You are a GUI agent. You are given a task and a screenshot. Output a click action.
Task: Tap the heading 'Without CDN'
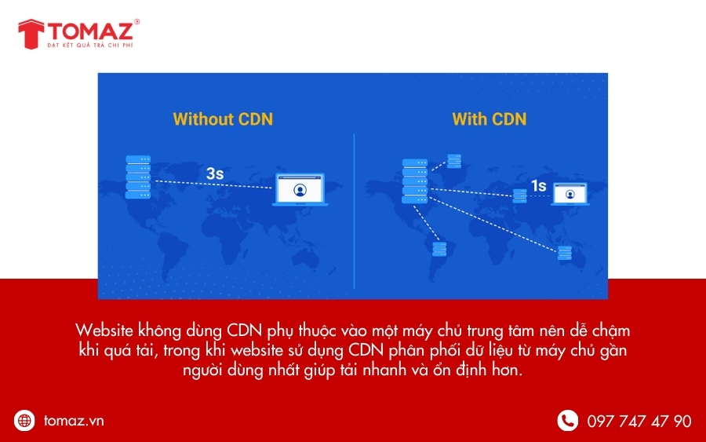223,119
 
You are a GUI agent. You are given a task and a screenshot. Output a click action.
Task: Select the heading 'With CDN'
489,119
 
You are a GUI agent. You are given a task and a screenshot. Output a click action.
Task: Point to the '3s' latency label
215,174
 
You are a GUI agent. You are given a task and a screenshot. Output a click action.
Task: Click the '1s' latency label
538,186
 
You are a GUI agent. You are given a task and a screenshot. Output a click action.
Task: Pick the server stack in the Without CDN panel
137,177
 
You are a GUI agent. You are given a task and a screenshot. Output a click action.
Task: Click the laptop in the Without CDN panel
300,191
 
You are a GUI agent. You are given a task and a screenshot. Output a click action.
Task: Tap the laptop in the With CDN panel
570,194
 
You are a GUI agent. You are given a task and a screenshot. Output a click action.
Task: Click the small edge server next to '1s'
519,196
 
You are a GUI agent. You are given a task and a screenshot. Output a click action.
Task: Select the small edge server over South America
439,250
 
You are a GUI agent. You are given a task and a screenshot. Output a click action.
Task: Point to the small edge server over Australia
565,253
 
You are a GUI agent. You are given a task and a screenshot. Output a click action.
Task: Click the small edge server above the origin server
454,161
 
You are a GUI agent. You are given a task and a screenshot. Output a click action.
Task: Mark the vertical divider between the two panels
354,212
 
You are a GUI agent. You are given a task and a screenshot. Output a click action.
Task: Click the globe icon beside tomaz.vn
25,421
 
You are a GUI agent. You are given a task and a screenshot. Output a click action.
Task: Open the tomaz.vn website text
74,421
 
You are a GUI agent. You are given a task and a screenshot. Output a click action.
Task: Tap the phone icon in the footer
567,421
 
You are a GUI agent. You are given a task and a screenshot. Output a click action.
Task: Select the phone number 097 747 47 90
639,422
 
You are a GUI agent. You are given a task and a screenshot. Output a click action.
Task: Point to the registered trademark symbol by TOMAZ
137,22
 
